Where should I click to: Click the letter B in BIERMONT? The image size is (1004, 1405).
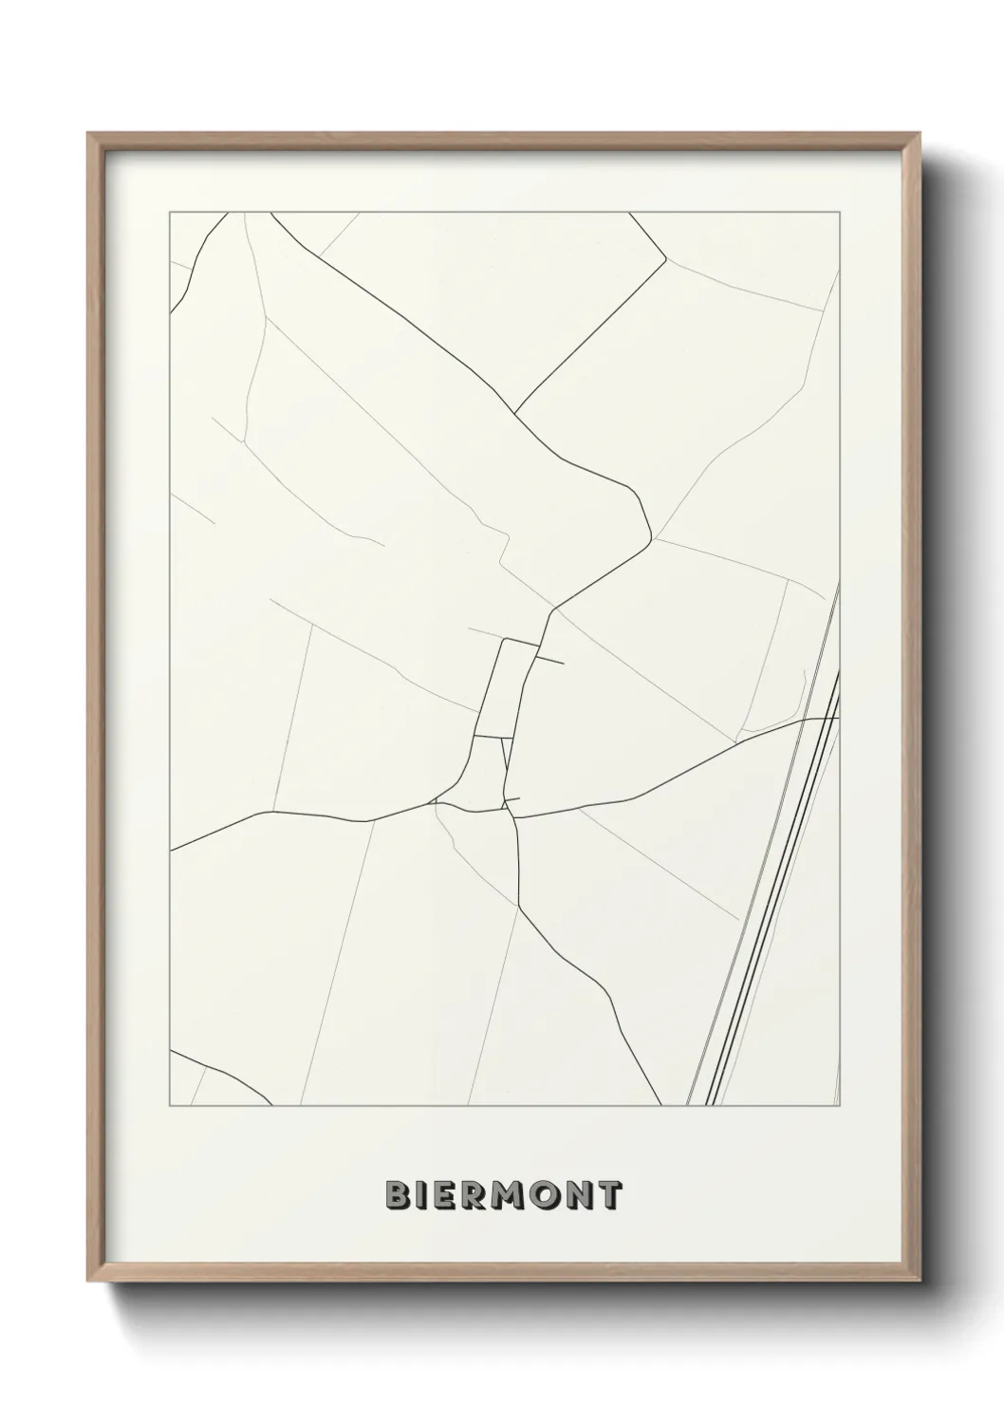[x=398, y=1195]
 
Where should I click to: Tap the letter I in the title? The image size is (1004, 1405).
[x=422, y=1195]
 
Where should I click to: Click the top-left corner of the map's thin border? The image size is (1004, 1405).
[x=170, y=213]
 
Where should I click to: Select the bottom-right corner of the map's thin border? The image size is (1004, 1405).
[x=840, y=1106]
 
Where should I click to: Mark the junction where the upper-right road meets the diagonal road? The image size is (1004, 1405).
[x=514, y=414]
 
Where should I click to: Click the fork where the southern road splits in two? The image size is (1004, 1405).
[x=518, y=907]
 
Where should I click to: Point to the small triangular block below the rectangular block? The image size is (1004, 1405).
[x=486, y=774]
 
